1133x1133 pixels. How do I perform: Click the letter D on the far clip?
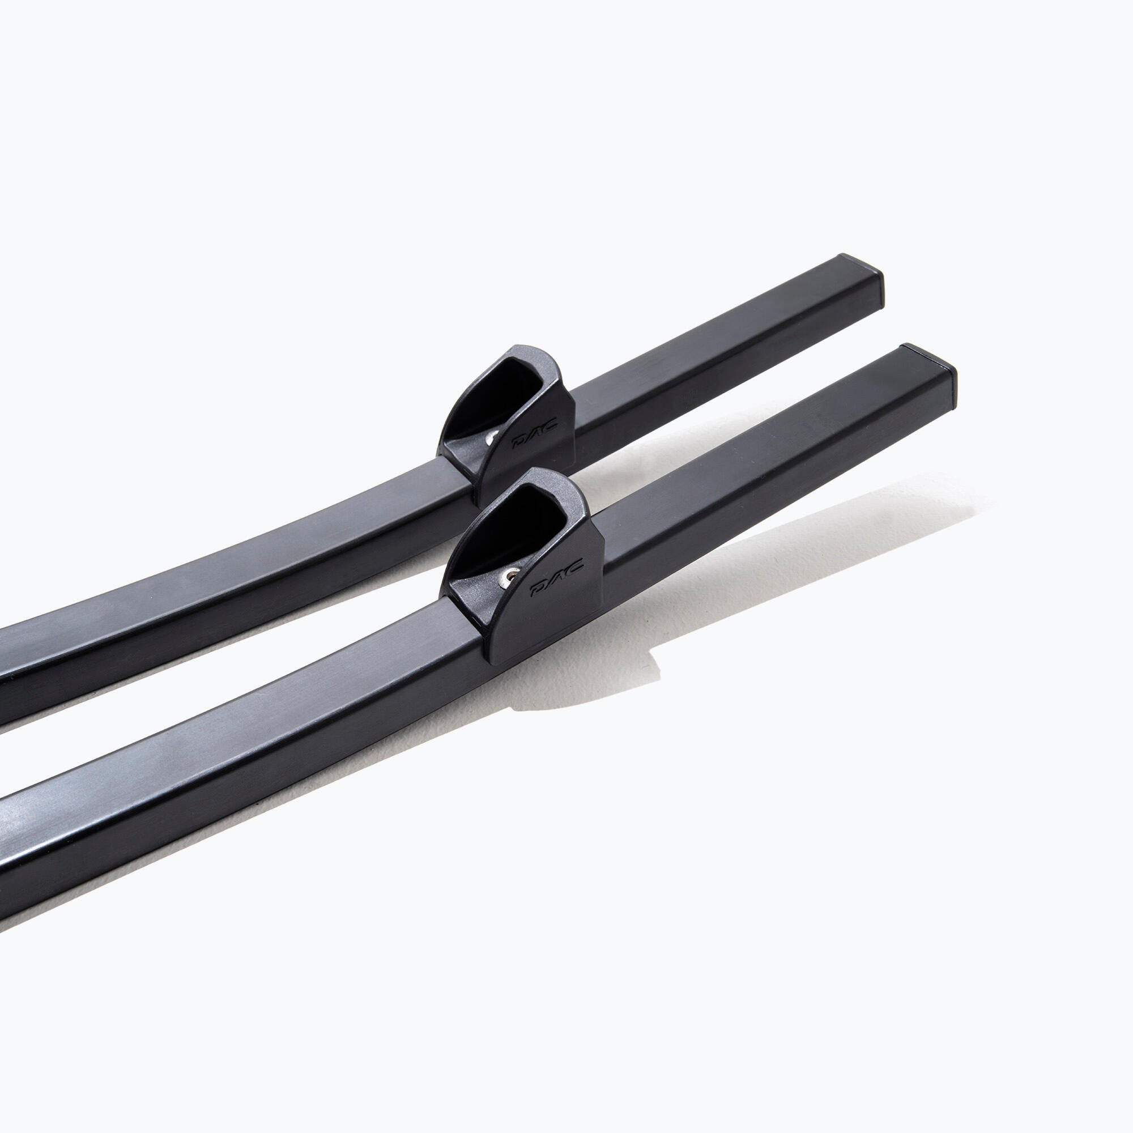click(519, 443)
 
